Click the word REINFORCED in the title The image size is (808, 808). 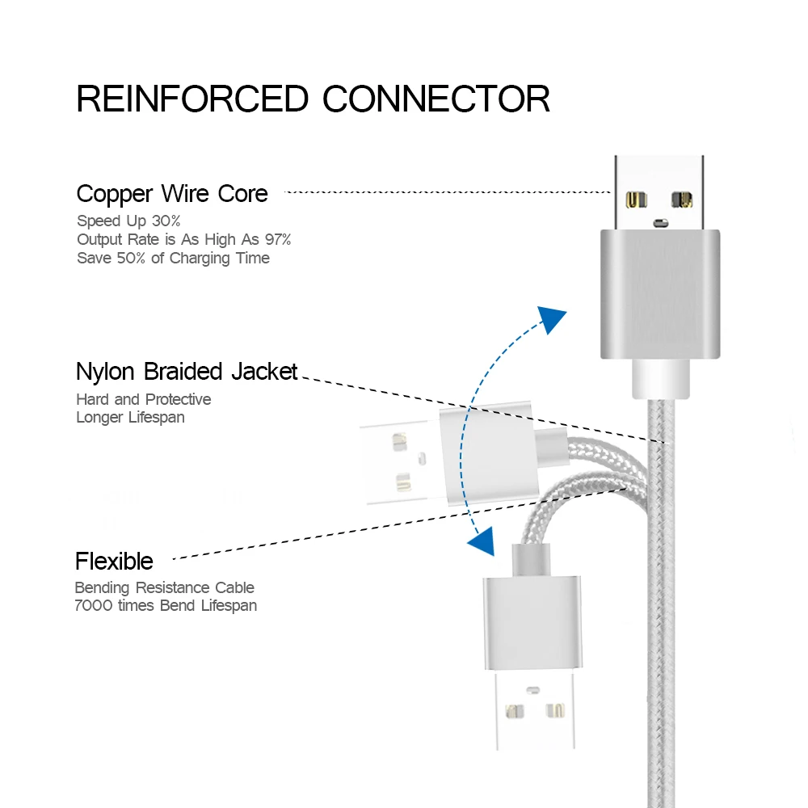[192, 99]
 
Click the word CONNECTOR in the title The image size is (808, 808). [436, 99]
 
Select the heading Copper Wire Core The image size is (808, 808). [172, 194]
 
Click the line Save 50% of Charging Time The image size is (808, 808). [173, 258]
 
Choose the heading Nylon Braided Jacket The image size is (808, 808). [187, 372]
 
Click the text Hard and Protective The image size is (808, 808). [143, 399]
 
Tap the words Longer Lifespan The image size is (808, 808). [130, 417]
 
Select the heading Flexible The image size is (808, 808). [114, 561]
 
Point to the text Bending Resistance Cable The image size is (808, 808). [164, 587]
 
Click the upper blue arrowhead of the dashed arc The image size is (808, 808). [552, 319]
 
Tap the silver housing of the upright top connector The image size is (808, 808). [659, 293]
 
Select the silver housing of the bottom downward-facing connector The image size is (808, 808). [531, 622]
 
